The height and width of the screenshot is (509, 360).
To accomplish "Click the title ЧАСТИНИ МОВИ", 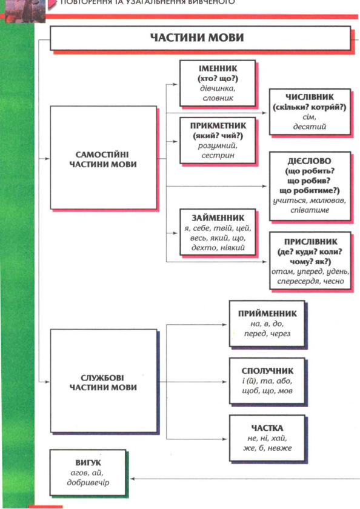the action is (x=197, y=38).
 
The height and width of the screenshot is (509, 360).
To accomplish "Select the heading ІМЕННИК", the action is (x=218, y=68).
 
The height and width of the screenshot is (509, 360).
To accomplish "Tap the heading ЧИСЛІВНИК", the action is (x=309, y=97).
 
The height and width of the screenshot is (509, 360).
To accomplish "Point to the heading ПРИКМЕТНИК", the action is (x=218, y=125).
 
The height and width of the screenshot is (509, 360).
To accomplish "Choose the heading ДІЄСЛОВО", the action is (x=309, y=161).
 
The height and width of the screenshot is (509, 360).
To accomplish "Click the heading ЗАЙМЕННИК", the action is (x=218, y=218).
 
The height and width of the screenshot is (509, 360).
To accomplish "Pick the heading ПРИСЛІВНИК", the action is (x=311, y=242).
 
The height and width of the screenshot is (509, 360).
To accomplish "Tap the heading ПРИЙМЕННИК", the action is (x=267, y=314).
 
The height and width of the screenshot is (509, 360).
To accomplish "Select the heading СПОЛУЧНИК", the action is (x=267, y=371).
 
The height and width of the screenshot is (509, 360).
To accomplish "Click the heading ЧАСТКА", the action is (x=267, y=428).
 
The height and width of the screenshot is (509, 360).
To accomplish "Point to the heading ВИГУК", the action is (x=88, y=462).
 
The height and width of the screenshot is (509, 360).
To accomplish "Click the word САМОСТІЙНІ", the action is (x=102, y=155).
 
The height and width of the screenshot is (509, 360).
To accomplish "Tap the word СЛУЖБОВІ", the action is (x=102, y=378).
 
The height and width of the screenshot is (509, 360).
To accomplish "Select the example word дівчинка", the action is (x=218, y=88).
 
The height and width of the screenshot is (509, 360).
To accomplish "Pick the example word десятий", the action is (x=309, y=127).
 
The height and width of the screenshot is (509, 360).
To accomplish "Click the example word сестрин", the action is (x=218, y=156).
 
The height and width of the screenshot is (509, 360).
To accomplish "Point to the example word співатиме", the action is (x=310, y=210).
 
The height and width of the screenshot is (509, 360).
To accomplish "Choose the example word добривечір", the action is (x=88, y=483).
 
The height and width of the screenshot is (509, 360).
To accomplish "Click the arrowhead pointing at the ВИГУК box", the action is (x=133, y=479).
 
